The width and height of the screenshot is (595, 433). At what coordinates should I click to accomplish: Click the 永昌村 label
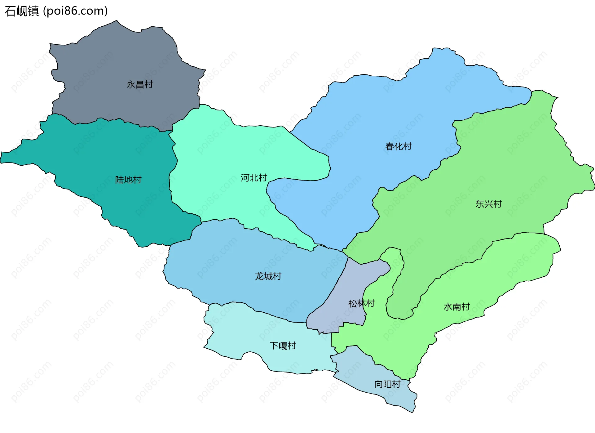[x=139, y=84]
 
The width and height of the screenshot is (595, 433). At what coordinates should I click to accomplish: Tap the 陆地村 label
[x=128, y=180]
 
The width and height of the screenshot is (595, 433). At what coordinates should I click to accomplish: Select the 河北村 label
[x=254, y=178]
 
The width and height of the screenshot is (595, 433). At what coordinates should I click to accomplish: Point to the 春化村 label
[x=398, y=146]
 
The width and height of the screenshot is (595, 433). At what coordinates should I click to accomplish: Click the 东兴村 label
[x=488, y=204]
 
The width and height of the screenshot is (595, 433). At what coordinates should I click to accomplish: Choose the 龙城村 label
[x=268, y=276]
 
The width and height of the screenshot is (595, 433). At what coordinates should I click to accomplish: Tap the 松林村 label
[x=361, y=303]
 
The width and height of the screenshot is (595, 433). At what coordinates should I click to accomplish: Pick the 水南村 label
[x=456, y=307]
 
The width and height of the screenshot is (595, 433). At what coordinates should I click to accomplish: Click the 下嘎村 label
[x=283, y=346]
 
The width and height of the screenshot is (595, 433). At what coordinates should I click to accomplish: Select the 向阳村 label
[x=387, y=384]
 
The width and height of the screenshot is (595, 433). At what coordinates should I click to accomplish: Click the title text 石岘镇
[x=22, y=11]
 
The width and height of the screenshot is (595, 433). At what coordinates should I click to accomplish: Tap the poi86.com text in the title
[x=75, y=11]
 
